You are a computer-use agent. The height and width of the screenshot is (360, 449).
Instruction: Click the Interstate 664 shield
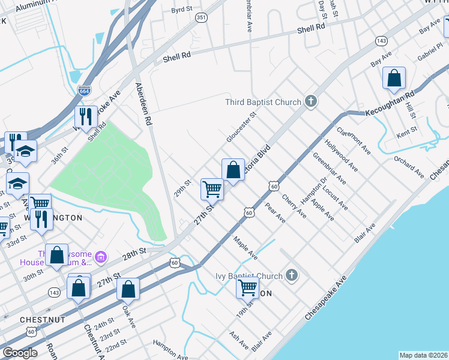(84, 91)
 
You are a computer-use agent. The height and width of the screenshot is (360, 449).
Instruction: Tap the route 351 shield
(201, 17)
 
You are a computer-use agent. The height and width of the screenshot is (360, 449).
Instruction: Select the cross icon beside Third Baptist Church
(310, 101)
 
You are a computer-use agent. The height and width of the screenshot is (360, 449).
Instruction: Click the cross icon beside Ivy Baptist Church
(292, 276)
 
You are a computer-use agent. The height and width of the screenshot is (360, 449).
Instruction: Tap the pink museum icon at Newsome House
(101, 257)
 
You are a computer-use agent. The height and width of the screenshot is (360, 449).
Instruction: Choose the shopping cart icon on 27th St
(212, 189)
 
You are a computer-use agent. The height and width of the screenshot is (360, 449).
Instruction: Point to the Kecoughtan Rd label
(389, 104)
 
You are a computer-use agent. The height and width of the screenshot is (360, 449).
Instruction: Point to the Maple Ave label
(246, 247)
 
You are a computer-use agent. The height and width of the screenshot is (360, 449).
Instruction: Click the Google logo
(20, 353)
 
